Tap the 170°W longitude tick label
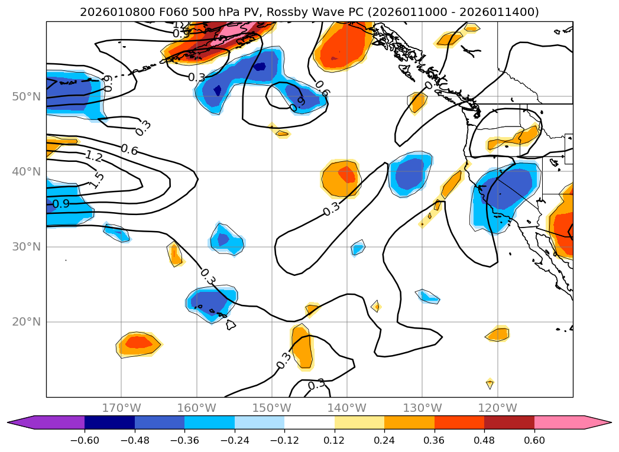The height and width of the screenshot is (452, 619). point(121,408)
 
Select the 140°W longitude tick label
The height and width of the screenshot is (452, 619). point(347,408)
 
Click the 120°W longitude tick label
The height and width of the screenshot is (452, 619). point(497,408)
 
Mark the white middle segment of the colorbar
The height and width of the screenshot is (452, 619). point(309,422)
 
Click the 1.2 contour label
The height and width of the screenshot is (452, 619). point(93,157)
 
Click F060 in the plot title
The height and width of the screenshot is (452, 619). point(154,12)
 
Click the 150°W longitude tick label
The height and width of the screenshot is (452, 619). point(272,408)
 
